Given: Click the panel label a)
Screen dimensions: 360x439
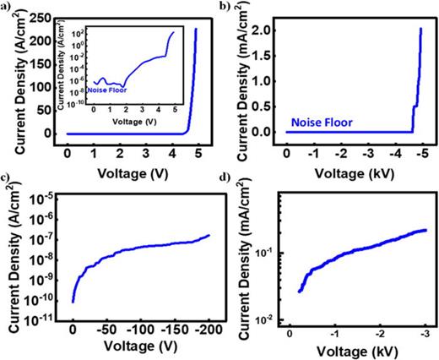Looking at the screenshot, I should coord(6,8).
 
